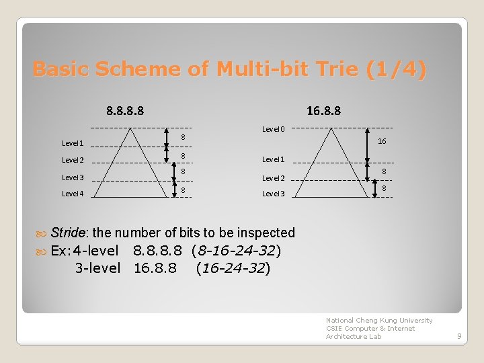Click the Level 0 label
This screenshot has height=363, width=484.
273,129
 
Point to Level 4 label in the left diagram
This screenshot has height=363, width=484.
73,194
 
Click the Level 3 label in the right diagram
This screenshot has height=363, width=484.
273,194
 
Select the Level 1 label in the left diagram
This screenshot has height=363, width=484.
73,143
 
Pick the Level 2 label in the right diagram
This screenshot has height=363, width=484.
273,178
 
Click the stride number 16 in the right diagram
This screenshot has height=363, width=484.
382,142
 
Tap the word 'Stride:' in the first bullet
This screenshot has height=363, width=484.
69,233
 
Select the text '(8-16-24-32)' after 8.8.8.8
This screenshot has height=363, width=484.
236,251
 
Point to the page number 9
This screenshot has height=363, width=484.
459,336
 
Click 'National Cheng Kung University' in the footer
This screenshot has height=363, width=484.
379,320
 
